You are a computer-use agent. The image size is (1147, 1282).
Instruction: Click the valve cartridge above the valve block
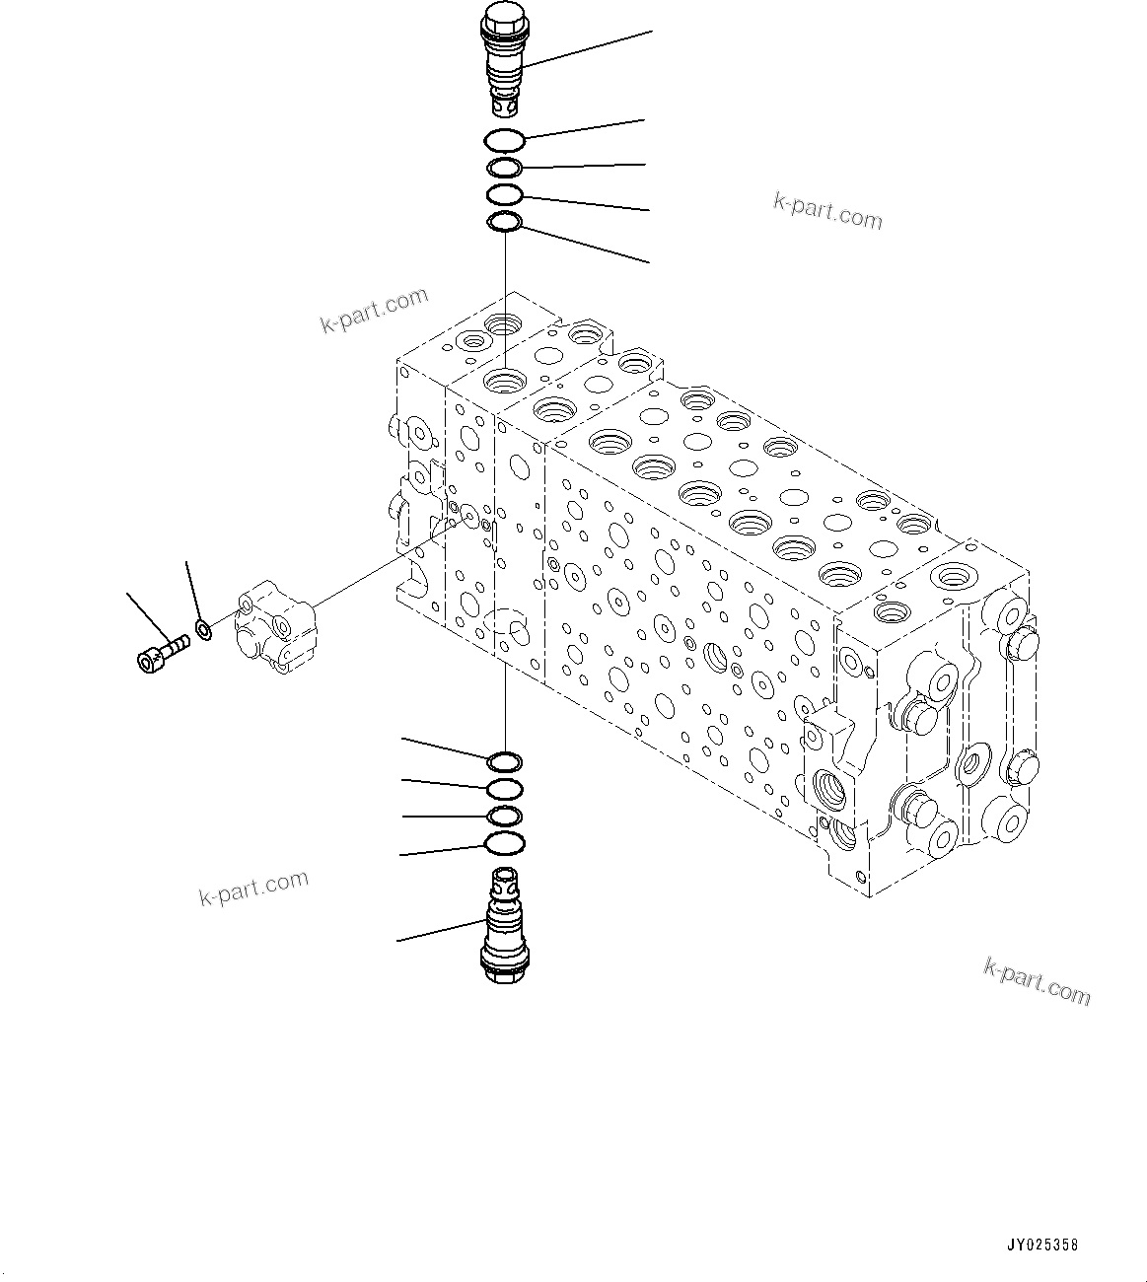pyautogui.click(x=505, y=59)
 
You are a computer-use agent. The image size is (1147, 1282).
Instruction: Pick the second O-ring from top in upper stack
pyautogui.click(x=505, y=168)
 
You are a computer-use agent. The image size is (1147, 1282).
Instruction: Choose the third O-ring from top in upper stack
pyautogui.click(x=505, y=194)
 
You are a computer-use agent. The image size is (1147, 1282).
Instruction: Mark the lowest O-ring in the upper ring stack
pyautogui.click(x=505, y=223)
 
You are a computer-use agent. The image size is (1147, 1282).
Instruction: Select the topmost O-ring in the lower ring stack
pyautogui.click(x=504, y=761)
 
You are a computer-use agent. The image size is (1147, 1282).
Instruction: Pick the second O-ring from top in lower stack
pyautogui.click(x=504, y=789)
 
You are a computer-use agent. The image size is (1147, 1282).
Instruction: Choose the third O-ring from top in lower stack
pyautogui.click(x=504, y=816)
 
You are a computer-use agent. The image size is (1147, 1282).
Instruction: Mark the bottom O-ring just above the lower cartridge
pyautogui.click(x=504, y=843)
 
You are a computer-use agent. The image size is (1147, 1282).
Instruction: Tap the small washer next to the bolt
pyautogui.click(x=204, y=628)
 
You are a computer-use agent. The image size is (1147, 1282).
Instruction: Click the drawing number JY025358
pyautogui.click(x=1042, y=1246)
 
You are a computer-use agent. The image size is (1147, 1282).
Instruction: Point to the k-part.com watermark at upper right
pyautogui.click(x=827, y=210)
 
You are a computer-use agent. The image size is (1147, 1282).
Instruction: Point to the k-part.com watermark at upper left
pyautogui.click(x=375, y=310)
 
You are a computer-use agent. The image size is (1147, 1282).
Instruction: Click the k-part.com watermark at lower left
pyautogui.click(x=253, y=888)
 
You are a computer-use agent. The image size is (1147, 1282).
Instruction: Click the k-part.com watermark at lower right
pyautogui.click(x=1038, y=981)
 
